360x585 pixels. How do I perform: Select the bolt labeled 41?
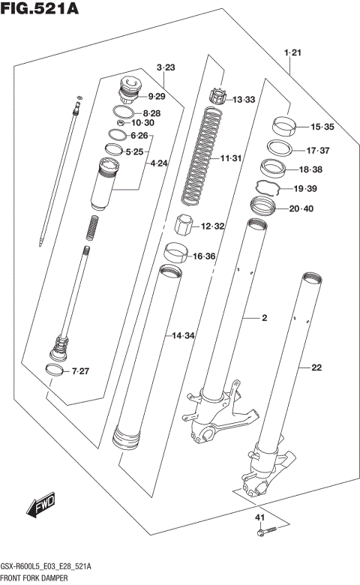264,533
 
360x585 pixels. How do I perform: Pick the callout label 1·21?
292,52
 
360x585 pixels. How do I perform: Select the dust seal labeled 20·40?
265,205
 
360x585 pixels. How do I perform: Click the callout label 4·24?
159,163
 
